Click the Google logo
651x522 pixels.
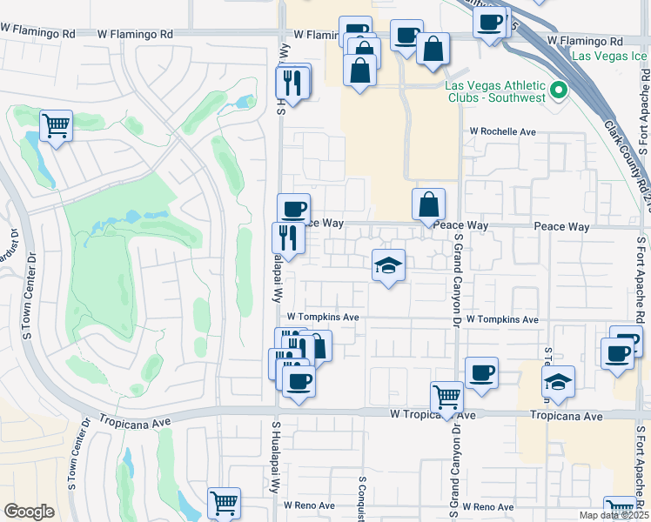[x=29, y=512]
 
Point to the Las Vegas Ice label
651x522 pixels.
[x=610, y=56]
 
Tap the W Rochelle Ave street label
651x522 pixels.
[x=503, y=131]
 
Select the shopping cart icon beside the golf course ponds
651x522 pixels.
[x=56, y=126]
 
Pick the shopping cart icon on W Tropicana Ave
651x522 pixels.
[x=446, y=397]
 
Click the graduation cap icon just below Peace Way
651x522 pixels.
[x=389, y=264]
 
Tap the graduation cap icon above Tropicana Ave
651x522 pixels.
[x=558, y=380]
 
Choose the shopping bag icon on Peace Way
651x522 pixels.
[x=428, y=204]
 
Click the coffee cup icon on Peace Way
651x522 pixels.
[x=294, y=209]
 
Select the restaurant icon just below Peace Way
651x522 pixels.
[x=288, y=238]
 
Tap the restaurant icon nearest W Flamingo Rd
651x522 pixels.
[x=292, y=83]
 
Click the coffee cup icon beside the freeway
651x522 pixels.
[x=491, y=20]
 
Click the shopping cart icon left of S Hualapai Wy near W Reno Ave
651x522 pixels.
[x=224, y=502]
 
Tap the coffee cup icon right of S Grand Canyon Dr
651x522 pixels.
[x=481, y=373]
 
